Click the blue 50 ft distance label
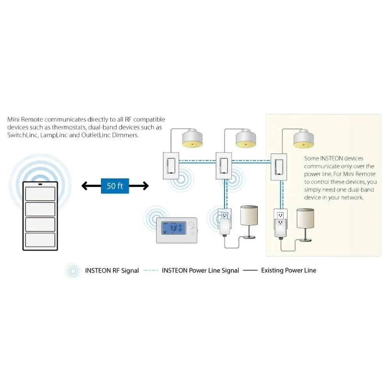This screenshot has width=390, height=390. point(115,186)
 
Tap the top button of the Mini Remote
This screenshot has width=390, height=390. point(40,193)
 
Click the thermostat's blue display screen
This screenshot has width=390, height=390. point(173,229)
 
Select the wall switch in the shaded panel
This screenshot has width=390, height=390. point(279,166)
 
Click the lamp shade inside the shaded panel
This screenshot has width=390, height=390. point(305,218)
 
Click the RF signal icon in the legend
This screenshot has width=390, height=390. point(73,271)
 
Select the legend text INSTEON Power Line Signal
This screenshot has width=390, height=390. point(200,270)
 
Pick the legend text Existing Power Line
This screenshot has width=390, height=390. point(289,270)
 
